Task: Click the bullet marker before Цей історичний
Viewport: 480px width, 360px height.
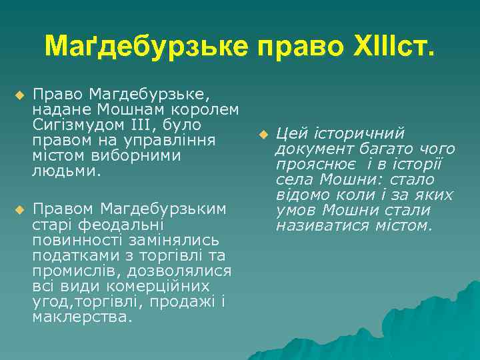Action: point(263,135)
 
